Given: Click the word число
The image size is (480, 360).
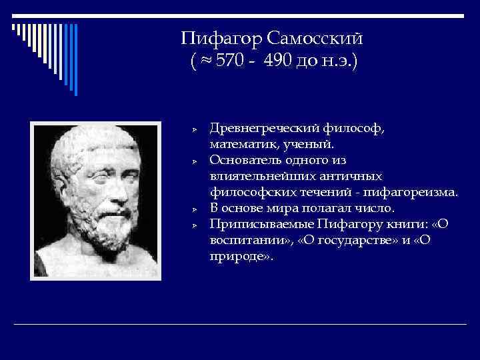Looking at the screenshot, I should coord(379,208).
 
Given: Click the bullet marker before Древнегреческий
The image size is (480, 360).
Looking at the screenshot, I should coord(191,129).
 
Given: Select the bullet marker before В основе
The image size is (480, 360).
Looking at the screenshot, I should coord(191,209).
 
